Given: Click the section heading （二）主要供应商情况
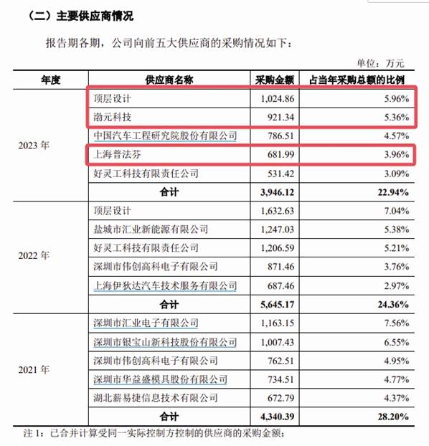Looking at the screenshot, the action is tap(80, 16).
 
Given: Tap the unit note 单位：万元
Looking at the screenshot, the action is tap(381, 63).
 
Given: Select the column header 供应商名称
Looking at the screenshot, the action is tap(169, 80).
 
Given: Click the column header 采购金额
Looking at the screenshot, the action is tap(275, 80).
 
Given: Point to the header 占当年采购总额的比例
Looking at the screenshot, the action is tap(357, 80).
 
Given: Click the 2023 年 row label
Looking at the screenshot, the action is tap(34, 146).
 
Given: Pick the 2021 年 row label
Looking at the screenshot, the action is tap(34, 370).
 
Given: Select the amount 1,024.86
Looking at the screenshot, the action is tap(277, 99).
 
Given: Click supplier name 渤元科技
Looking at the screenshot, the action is tap(113, 117).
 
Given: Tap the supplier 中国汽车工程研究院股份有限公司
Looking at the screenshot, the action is tap(165, 136).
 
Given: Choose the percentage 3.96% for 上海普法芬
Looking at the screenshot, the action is tap(397, 154).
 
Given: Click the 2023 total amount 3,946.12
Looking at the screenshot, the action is tap(277, 192).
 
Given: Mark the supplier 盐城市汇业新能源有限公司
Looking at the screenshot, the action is tap(151, 229).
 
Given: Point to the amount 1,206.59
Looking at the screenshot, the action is tap(277, 248).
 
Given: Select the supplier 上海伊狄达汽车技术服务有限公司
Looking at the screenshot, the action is tap(165, 285).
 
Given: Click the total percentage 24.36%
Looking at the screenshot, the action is tap(393, 305).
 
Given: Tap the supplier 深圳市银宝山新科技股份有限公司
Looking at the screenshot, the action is tap(165, 342).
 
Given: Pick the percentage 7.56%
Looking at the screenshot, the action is tap(397, 323).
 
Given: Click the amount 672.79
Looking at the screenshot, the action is tap(280, 398).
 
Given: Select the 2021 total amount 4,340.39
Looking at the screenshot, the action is tap(277, 417).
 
